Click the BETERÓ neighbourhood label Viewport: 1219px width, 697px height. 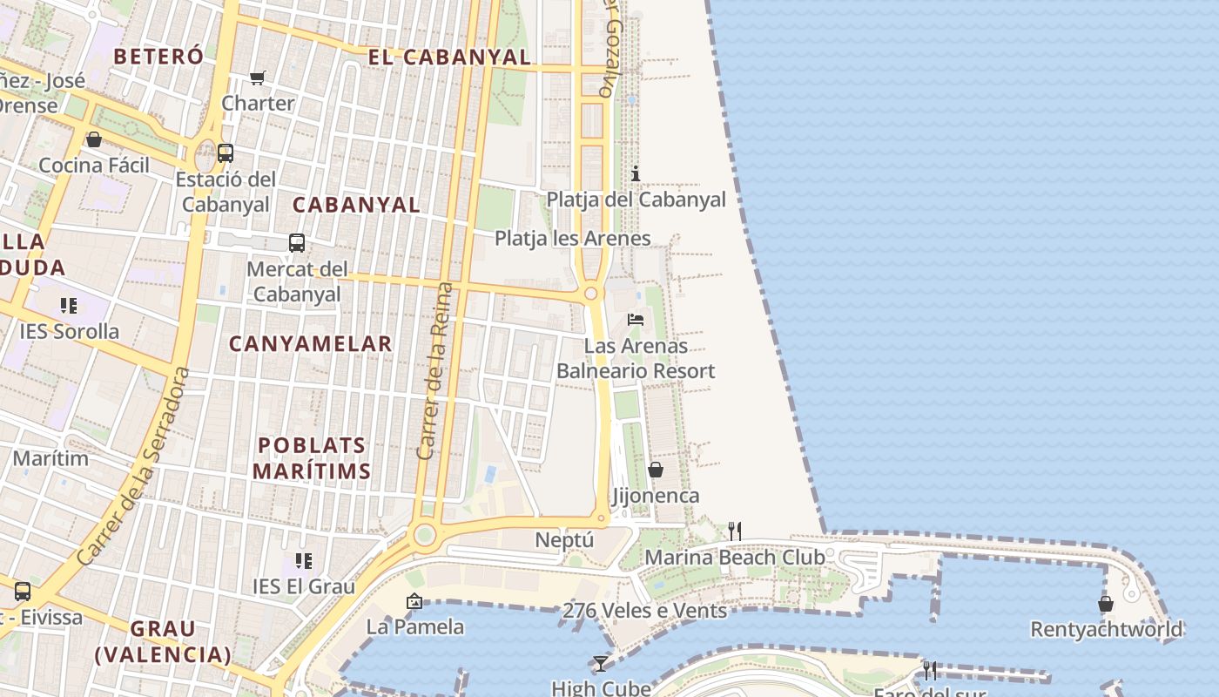pyautogui.click(x=158, y=57)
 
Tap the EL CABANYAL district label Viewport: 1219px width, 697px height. pyautogui.click(x=449, y=58)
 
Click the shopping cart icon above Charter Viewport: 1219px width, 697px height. pyautogui.click(x=257, y=78)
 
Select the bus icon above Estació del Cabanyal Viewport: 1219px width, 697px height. pyautogui.click(x=226, y=153)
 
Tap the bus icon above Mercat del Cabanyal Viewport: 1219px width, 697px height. pyautogui.click(x=296, y=243)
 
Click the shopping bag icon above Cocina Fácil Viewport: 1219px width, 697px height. pyautogui.click(x=94, y=139)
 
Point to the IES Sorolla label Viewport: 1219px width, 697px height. pyautogui.click(x=70, y=331)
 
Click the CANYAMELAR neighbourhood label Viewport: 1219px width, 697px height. pyautogui.click(x=311, y=344)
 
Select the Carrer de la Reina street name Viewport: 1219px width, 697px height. pyautogui.click(x=435, y=370)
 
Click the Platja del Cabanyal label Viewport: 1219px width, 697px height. pyautogui.click(x=636, y=200)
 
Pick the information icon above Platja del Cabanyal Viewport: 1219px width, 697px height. pyautogui.click(x=636, y=173)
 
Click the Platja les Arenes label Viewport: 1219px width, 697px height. pyautogui.click(x=572, y=238)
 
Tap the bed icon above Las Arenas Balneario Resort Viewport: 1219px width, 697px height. pyautogui.click(x=636, y=320)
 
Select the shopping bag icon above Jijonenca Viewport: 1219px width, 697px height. pyautogui.click(x=656, y=470)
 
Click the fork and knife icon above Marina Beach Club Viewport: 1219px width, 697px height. pyautogui.click(x=735, y=531)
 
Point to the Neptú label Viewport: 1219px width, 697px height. pyautogui.click(x=564, y=540)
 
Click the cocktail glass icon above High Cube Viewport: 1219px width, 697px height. pyautogui.click(x=600, y=664)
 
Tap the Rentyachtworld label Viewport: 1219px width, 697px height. pyautogui.click(x=1106, y=629)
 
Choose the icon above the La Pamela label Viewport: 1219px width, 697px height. pyautogui.click(x=414, y=601)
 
